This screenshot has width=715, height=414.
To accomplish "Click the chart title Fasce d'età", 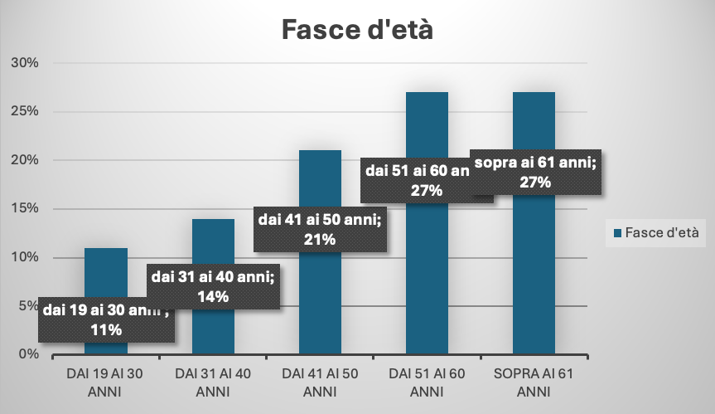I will [x=357, y=30].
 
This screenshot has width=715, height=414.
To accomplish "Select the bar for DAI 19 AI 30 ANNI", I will [x=106, y=274].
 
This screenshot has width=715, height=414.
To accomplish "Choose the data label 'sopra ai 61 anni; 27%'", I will [x=535, y=173].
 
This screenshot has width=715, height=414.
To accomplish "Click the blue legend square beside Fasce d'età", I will [x=617, y=233].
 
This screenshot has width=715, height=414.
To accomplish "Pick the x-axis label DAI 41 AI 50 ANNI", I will [x=320, y=382].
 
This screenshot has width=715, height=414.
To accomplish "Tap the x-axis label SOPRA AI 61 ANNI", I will [x=534, y=382].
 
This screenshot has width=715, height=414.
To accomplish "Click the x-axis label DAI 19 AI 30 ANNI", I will [x=105, y=382].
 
